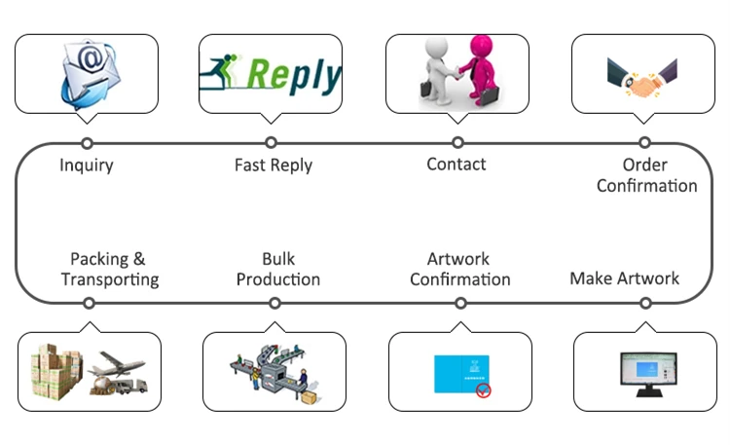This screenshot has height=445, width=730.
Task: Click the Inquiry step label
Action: (87, 165)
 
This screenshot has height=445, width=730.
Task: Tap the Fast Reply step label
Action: (274, 165)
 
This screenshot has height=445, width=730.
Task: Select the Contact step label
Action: (456, 164)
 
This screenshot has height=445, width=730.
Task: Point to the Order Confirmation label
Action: (646, 175)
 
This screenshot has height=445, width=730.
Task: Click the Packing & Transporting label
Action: (109, 269)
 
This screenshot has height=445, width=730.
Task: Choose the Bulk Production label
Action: (277, 269)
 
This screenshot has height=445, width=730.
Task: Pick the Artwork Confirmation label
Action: (459, 269)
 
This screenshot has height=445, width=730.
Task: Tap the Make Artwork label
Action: (625, 278)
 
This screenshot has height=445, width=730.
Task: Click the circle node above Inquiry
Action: (87, 143)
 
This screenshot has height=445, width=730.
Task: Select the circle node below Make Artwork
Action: (645, 303)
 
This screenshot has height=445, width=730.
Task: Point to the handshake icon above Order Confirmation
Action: (643, 77)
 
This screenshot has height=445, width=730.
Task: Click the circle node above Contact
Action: (457, 143)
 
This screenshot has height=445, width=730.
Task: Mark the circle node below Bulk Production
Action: (274, 303)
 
